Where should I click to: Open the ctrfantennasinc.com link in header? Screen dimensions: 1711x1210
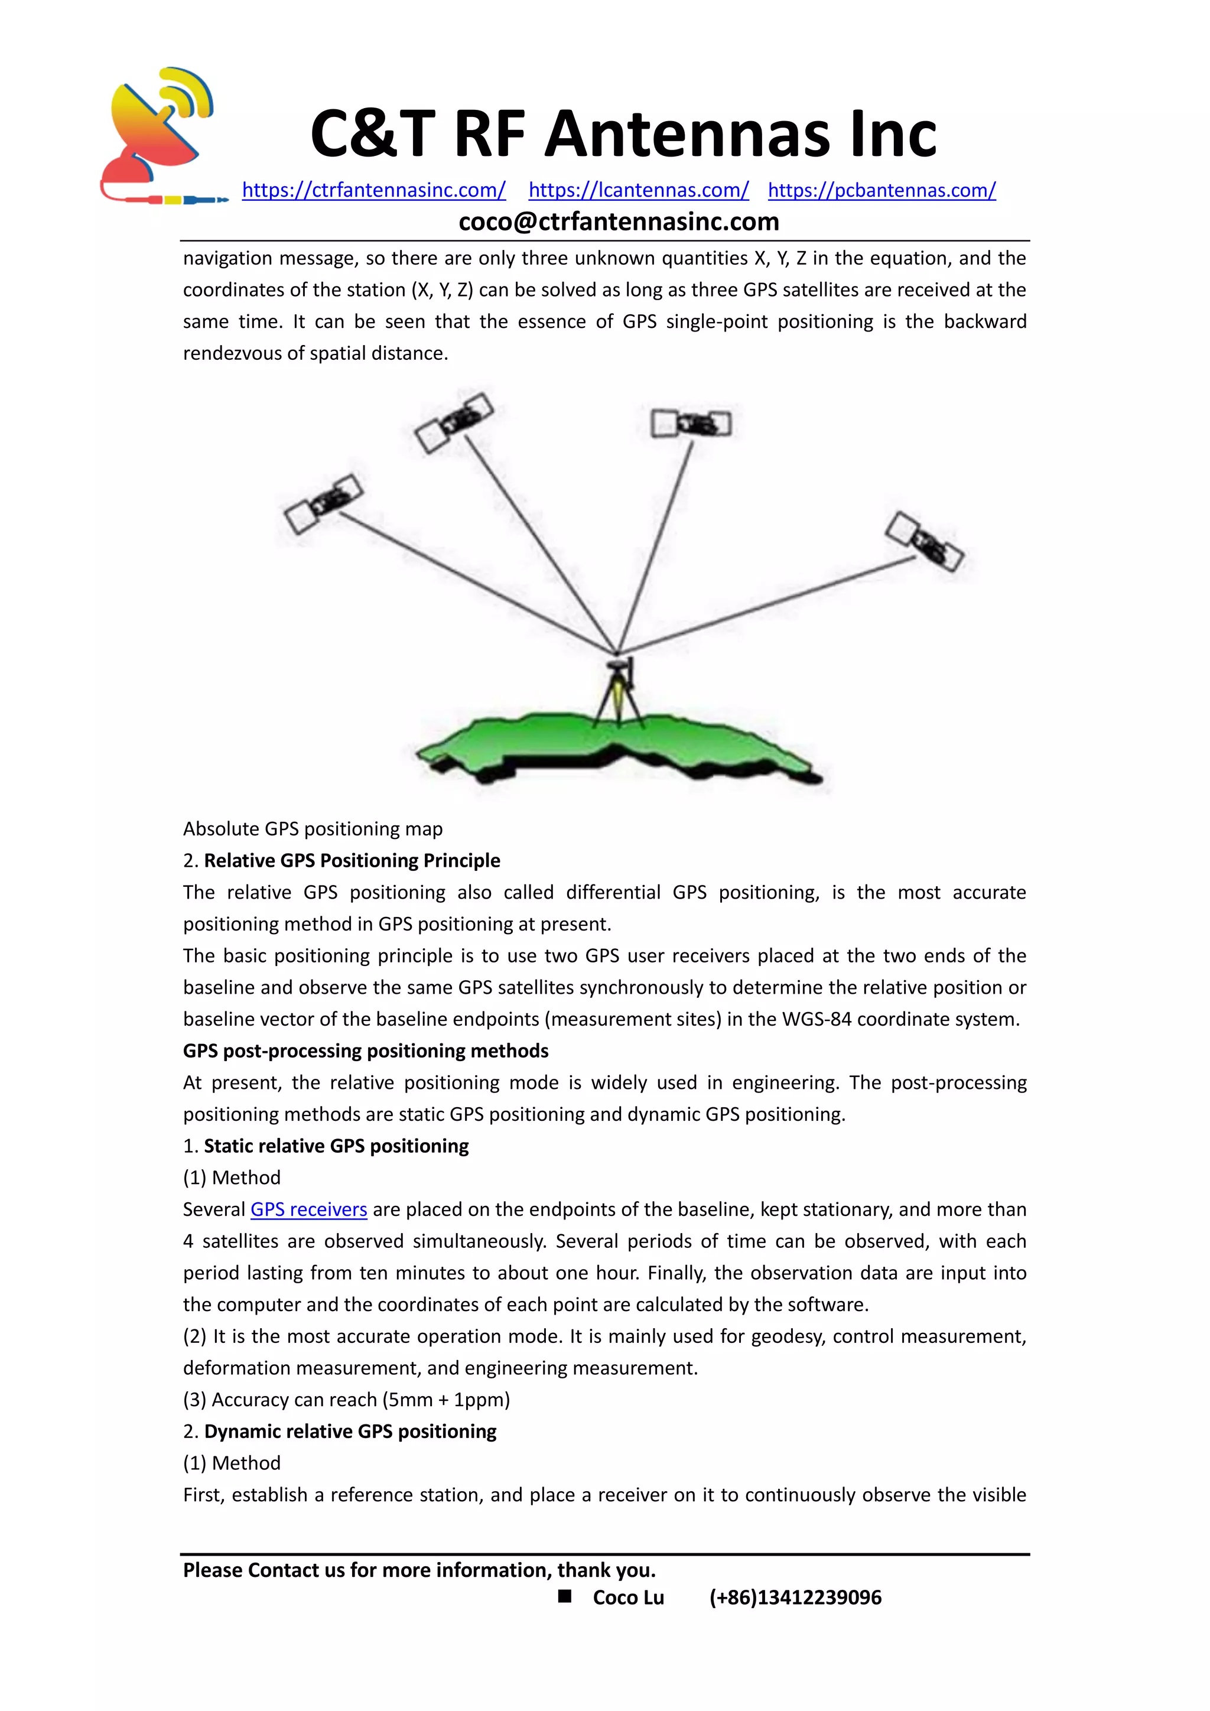pyautogui.click(x=373, y=190)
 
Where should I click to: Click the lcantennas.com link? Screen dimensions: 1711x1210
pyautogui.click(x=639, y=190)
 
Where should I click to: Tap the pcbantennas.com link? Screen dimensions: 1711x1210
pyautogui.click(x=882, y=190)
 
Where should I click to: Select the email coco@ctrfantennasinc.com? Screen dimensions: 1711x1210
pyautogui.click(x=619, y=222)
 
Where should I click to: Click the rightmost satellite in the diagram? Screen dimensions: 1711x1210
pyautogui.click(x=925, y=541)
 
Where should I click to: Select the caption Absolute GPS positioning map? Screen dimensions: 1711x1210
pyautogui.click(x=313, y=829)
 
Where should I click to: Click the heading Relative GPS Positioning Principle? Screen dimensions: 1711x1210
pyautogui.click(x=352, y=861)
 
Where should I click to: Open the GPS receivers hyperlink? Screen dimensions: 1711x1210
pyautogui.click(x=308, y=1209)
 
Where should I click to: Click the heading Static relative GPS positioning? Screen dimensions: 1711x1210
pyautogui.click(x=336, y=1146)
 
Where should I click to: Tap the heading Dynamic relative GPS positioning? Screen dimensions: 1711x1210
pyautogui.click(x=350, y=1432)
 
